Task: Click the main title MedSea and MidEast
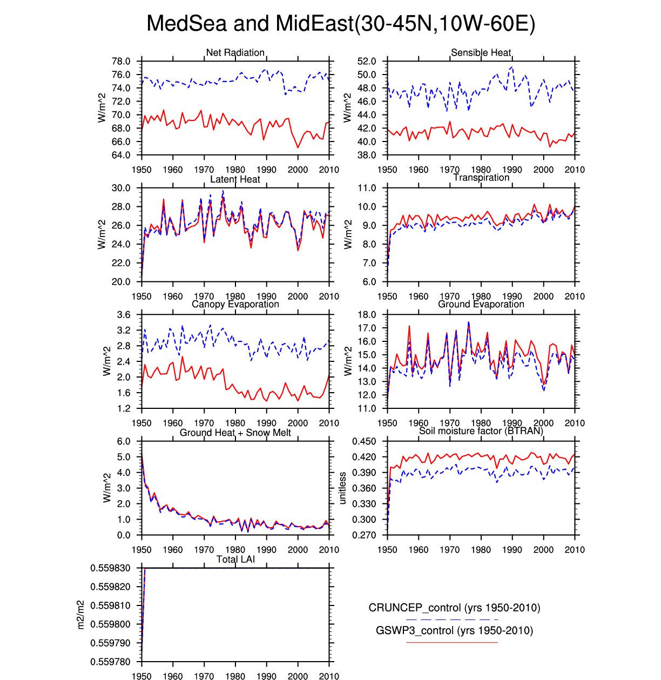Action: [341, 24]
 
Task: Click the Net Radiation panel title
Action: [235, 52]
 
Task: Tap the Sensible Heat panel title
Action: [481, 52]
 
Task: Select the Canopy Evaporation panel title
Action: [235, 304]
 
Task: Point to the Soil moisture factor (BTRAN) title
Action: [481, 430]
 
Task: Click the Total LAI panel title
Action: [235, 559]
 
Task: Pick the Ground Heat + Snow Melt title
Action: [235, 433]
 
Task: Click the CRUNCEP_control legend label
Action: [454, 608]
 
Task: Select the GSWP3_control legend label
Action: [454, 630]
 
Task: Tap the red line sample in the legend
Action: [451, 642]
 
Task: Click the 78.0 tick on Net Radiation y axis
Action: [121, 61]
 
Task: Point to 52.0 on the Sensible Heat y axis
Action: [367, 61]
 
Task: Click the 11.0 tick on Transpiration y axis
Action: [367, 188]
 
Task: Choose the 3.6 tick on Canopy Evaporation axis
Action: [124, 315]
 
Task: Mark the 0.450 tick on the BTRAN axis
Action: [364, 441]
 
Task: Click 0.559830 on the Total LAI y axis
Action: [110, 568]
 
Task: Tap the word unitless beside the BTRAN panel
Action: [342, 488]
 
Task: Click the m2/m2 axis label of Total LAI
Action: [80, 615]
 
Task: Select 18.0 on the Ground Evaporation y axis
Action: [367, 315]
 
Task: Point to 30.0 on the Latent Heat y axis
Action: [121, 188]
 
